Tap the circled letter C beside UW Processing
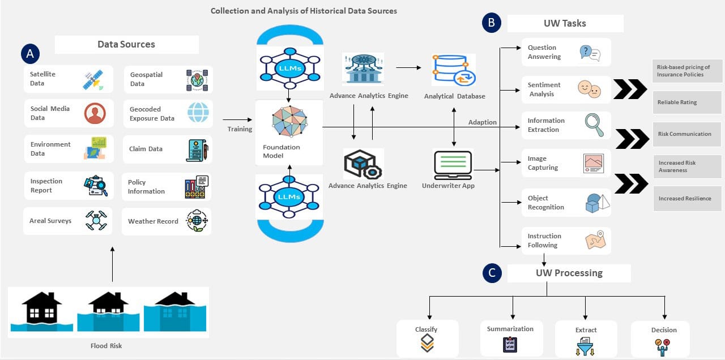tap(491, 273)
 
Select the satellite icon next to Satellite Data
tap(93, 79)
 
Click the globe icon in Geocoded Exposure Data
tap(198, 113)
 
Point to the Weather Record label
tap(153, 221)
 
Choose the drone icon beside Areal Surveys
tap(96, 220)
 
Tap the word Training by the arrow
tap(240, 129)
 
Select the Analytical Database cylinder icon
tap(453, 70)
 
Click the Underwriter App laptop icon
tap(453, 165)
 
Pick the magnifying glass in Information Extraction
tap(594, 124)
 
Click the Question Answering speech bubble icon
tap(590, 53)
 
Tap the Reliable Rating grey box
tap(686, 102)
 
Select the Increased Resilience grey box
tap(686, 199)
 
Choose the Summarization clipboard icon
tap(510, 344)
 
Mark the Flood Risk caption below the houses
tap(106, 346)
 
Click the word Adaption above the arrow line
tap(482, 122)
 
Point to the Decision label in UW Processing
tap(664, 330)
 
